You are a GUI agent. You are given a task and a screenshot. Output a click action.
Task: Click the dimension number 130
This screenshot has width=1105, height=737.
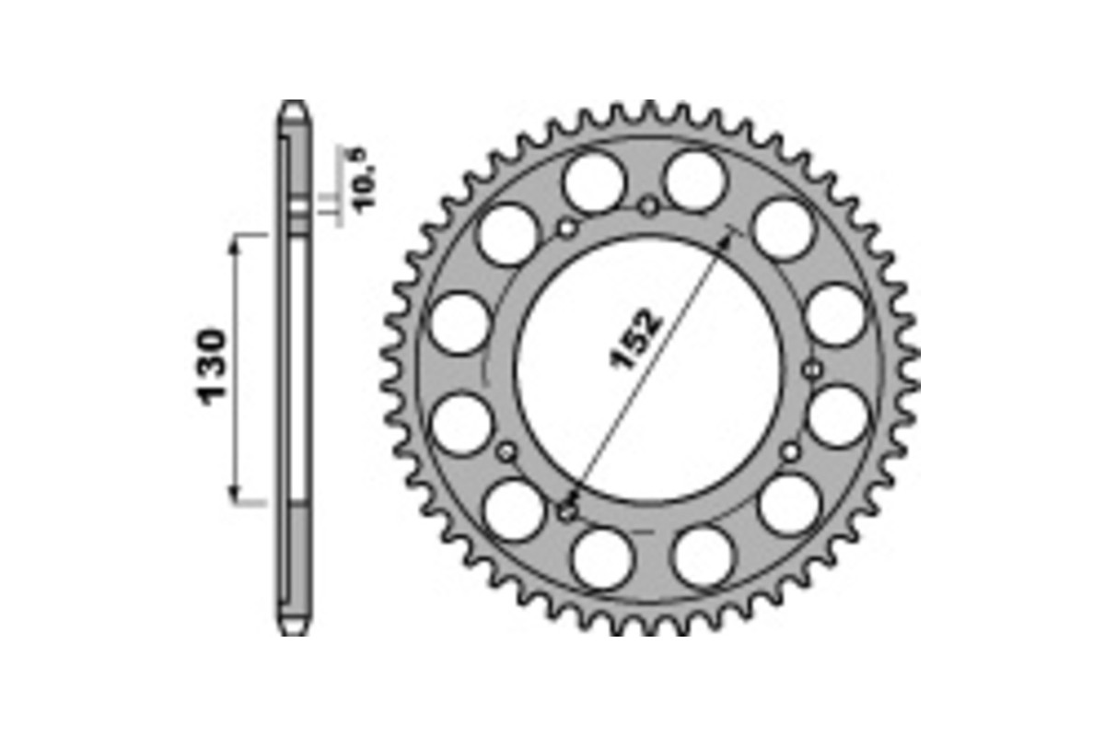coord(211,367)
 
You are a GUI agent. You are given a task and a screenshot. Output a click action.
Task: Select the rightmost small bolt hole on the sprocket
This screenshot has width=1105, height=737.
coord(811,370)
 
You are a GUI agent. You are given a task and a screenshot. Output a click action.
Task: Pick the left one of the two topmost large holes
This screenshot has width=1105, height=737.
coord(591,182)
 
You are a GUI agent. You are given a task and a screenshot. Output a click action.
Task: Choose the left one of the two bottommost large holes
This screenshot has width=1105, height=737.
coord(601,556)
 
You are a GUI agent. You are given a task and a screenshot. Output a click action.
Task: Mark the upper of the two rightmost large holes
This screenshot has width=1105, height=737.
coord(835,315)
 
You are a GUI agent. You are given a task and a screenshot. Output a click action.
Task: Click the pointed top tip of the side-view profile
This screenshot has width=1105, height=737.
coord(293,103)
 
